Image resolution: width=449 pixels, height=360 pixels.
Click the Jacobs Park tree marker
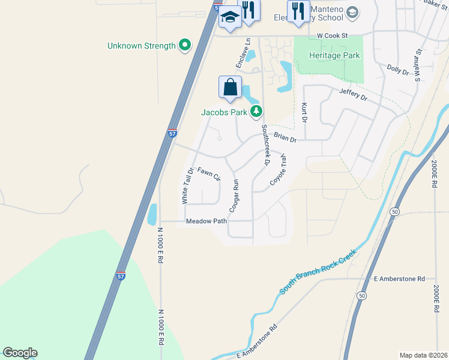256,110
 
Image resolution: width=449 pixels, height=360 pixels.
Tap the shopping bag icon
231,88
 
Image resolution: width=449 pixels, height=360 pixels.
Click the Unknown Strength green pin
185,45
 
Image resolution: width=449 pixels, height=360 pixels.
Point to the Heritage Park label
334,55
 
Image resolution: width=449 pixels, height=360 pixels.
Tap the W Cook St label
333,36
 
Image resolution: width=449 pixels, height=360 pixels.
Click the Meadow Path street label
206,221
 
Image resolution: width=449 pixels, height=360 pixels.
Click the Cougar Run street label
234,196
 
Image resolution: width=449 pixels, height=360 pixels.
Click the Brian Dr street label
285,138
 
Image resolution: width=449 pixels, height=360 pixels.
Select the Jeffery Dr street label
353,94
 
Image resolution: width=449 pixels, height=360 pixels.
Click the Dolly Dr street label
397,70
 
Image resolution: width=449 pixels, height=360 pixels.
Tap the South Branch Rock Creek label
318,271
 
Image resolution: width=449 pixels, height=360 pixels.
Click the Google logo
20,353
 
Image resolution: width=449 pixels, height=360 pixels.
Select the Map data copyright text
423,355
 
